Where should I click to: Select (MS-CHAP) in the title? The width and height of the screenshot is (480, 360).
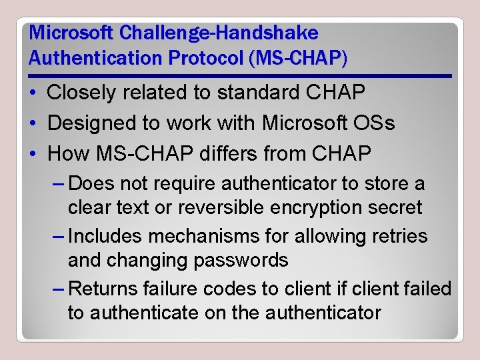[297, 58]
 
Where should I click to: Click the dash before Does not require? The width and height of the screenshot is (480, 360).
[58, 183]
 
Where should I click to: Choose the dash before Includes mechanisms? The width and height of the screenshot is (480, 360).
[58, 236]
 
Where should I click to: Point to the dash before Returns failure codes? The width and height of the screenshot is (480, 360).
[58, 289]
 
